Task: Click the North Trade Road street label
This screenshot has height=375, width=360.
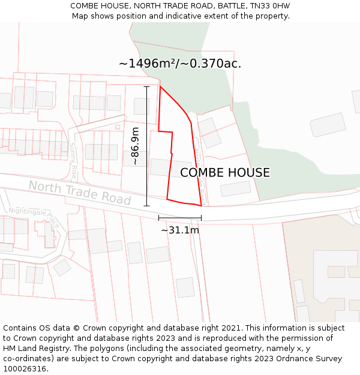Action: click(79, 193)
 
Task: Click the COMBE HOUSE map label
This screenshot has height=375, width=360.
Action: click(225, 173)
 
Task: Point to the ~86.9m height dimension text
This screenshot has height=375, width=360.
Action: click(136, 146)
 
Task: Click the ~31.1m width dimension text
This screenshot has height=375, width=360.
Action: click(180, 229)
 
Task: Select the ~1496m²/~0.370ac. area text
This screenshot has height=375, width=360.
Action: click(180, 64)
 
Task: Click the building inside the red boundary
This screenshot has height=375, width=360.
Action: click(170, 167)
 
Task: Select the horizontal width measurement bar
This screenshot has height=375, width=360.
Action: click(180, 218)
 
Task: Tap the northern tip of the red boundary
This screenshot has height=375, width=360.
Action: click(160, 86)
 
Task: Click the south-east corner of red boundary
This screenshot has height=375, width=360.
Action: click(201, 205)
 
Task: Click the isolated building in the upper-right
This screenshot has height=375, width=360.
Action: click(328, 124)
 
